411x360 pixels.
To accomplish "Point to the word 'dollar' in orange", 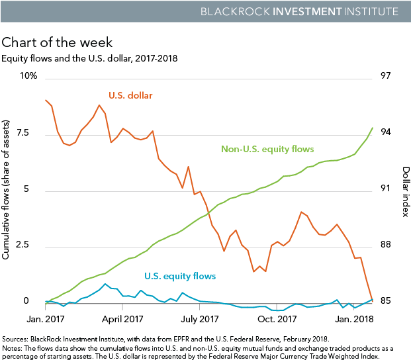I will point(142,96).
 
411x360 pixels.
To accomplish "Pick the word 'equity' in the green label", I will point(277,150).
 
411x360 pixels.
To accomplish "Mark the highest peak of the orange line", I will point(100,105).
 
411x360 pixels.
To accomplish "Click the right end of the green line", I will point(373,127).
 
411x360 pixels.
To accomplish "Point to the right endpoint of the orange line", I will point(373,300).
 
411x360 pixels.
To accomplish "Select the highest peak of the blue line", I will point(105,284).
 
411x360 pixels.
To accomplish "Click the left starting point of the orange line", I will point(45,100).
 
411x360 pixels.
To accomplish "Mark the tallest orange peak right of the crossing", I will point(302,212).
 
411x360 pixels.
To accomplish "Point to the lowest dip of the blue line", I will point(278,310).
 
